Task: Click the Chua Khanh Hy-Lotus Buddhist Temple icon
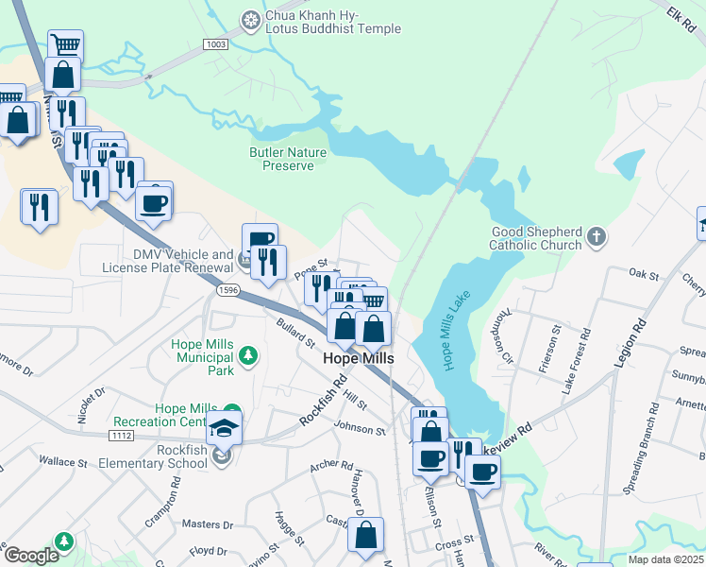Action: pyautogui.click(x=250, y=18)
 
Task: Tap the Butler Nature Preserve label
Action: pyautogui.click(x=288, y=159)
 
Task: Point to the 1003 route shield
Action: pyautogui.click(x=216, y=44)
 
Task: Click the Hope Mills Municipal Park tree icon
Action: pyautogui.click(x=247, y=355)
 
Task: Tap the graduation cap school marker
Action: pyautogui.click(x=225, y=428)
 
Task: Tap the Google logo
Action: pyautogui.click(x=31, y=555)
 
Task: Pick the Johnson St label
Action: pyautogui.click(x=360, y=430)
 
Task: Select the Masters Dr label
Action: pyautogui.click(x=207, y=524)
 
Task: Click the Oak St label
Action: pyautogui.click(x=643, y=273)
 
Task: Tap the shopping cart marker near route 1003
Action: pyautogui.click(x=65, y=45)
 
